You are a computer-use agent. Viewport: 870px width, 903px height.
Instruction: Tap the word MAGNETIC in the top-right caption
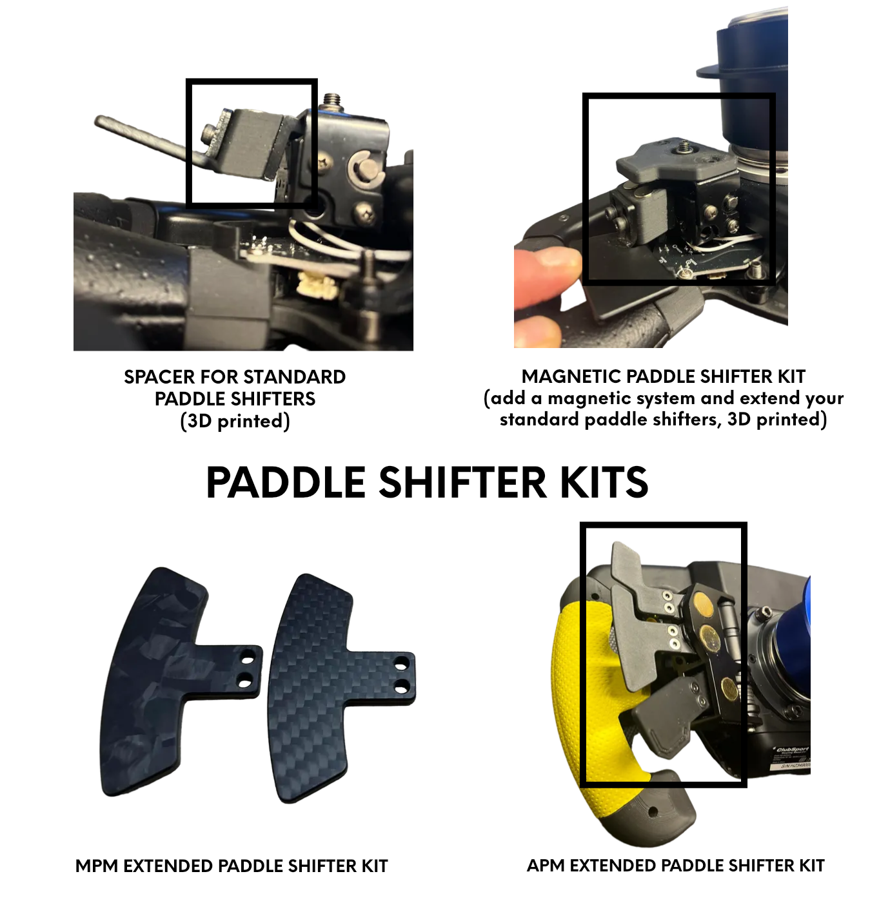[x=571, y=376]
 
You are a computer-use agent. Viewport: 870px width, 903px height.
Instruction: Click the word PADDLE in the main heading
[x=286, y=482]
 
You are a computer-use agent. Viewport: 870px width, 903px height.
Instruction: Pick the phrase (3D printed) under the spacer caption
[x=235, y=421]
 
